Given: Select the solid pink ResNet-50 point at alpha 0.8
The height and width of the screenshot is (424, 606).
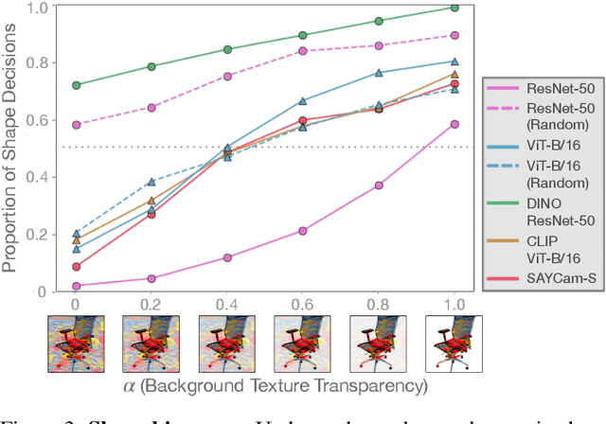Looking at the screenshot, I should (x=379, y=185).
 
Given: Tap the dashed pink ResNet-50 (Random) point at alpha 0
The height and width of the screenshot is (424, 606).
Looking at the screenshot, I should (x=77, y=125).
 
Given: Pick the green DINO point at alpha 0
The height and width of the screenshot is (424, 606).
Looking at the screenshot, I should (x=77, y=85).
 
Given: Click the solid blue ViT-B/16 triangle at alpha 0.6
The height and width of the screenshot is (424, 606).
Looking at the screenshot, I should (x=303, y=101).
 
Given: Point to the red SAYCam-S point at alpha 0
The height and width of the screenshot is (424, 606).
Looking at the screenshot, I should (x=77, y=267).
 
